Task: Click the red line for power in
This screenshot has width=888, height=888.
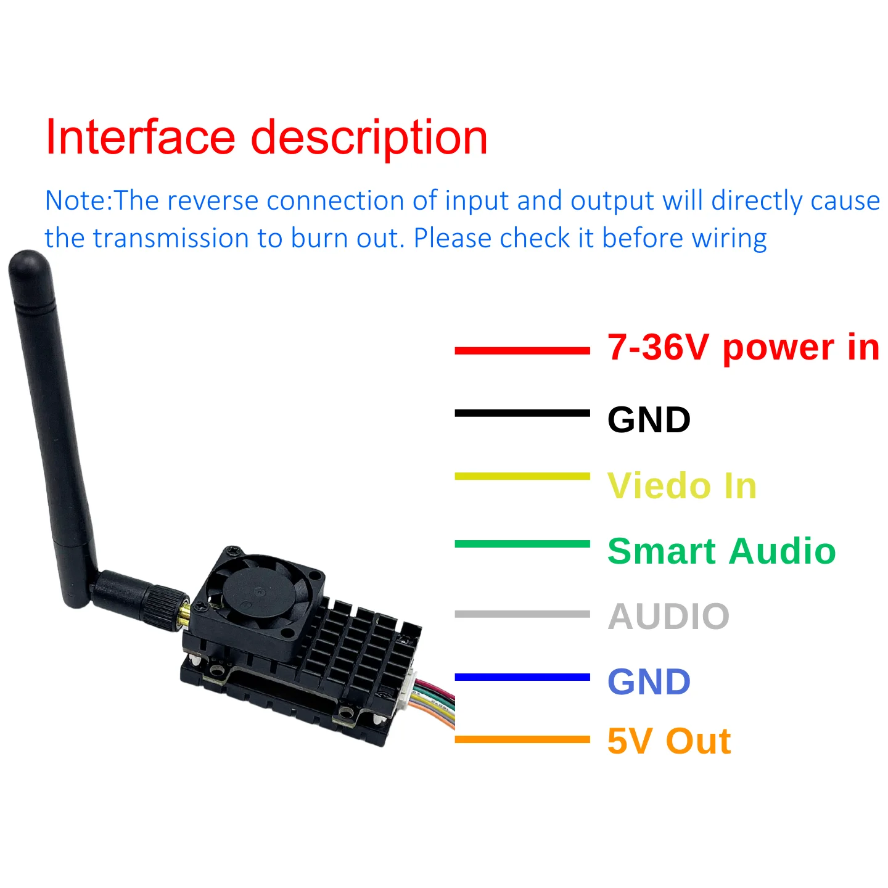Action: click(522, 351)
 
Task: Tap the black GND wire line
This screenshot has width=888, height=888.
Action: click(522, 413)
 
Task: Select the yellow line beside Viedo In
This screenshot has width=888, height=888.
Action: click(522, 476)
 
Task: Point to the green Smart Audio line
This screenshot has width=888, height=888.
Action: click(522, 544)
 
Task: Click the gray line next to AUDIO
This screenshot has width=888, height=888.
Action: click(522, 614)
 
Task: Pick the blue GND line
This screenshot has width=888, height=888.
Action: click(522, 677)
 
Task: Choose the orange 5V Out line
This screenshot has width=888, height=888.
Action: click(522, 739)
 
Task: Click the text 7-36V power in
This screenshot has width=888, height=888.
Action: click(743, 347)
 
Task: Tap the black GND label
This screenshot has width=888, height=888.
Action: click(649, 420)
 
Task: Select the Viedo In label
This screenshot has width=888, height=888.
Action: click(682, 485)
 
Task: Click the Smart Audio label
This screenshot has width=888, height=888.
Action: click(721, 551)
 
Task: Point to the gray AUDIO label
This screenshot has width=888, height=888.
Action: click(668, 616)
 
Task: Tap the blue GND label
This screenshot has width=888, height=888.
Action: click(649, 681)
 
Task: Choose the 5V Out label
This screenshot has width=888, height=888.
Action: click(669, 741)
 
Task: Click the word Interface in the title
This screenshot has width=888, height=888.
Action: click(141, 137)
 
